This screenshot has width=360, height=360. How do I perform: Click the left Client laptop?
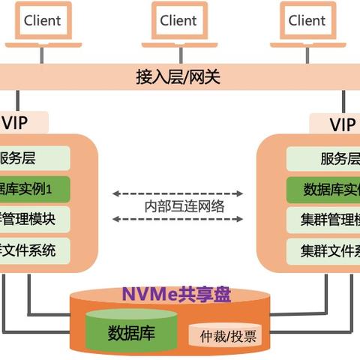(x=42, y=22)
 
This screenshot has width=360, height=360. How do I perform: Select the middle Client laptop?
(x=178, y=22)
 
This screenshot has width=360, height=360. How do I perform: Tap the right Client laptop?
(x=307, y=22)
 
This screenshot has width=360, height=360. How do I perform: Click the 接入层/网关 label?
(x=178, y=76)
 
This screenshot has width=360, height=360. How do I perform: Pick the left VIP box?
(x=22, y=122)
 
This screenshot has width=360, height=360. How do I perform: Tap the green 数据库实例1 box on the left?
(x=34, y=189)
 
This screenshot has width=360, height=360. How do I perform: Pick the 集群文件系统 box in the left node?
(x=34, y=249)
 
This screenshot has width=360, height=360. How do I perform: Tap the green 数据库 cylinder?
(x=131, y=332)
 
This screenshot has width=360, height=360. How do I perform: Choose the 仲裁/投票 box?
(x=223, y=336)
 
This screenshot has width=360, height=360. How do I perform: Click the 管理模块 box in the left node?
(x=34, y=219)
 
